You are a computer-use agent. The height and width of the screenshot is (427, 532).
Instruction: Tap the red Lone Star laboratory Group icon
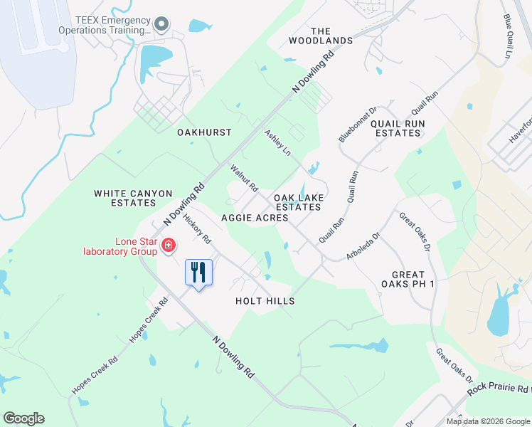click(x=169, y=246)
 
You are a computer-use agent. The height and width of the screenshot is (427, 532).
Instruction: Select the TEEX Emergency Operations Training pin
click(x=161, y=25)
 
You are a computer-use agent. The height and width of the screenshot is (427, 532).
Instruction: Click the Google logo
click(x=23, y=418)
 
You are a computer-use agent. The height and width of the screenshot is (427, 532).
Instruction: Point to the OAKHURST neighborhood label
click(x=204, y=132)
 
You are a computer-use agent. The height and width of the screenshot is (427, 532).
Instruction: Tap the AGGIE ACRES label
click(x=255, y=218)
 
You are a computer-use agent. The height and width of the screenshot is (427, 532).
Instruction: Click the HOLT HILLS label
click(x=265, y=301)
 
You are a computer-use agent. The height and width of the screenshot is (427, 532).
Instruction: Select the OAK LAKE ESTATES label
click(x=299, y=201)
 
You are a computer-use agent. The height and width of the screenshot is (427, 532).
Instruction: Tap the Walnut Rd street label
click(x=244, y=179)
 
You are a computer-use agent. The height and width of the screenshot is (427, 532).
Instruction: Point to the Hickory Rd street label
click(x=197, y=228)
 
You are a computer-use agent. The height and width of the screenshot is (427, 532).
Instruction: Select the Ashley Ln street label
click(x=278, y=143)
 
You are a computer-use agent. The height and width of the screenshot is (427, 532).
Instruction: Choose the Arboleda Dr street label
click(x=364, y=243)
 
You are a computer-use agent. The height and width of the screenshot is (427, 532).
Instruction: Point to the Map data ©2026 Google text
click(x=488, y=421)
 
